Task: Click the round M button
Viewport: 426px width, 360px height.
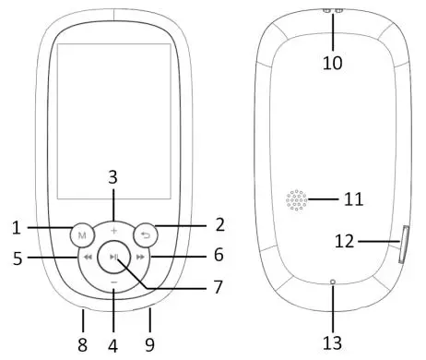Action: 81,234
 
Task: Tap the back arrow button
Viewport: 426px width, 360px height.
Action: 144,234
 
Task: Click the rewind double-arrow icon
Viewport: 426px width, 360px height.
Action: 88,258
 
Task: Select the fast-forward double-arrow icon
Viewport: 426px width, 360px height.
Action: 138,258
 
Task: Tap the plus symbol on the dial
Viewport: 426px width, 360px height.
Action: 113,228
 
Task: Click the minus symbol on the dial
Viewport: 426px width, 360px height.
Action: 113,281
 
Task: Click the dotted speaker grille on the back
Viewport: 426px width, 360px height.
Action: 296,200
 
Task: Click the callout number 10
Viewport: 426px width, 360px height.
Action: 333,63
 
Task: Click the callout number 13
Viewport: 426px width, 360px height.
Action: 333,342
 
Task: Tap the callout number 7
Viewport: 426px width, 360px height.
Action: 219,287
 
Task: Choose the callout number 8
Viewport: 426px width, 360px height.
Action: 82,346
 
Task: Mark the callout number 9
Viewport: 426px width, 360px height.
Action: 148,346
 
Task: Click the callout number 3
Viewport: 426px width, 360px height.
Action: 113,176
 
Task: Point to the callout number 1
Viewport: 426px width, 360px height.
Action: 17,225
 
